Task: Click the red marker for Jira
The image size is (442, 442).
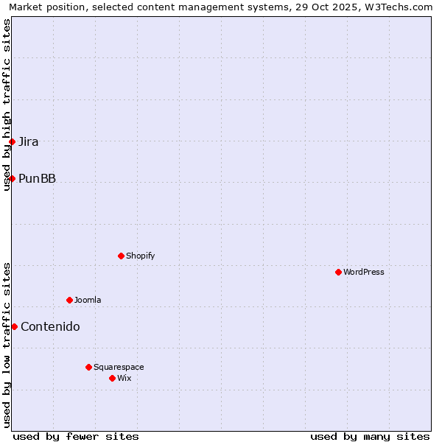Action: point(13,141)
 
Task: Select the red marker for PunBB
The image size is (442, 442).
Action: point(13,178)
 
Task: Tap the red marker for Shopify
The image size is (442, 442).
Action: point(121,256)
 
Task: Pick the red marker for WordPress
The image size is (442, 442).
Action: point(338,272)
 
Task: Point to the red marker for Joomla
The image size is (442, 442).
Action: point(69,300)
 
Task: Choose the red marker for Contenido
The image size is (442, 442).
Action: point(14,326)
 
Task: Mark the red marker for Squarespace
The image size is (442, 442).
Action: point(88,367)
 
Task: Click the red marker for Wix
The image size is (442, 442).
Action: point(112,378)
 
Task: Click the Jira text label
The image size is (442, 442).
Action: point(29,141)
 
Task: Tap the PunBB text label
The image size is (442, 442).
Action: point(37,178)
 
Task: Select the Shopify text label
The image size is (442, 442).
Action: point(140,256)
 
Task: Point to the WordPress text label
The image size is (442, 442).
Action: point(364,272)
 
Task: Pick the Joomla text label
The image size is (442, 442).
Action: point(88,300)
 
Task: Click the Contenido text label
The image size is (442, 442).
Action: point(50,326)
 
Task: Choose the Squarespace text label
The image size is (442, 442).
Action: point(119,367)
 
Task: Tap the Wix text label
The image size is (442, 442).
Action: point(124,378)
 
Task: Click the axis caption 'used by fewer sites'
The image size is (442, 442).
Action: point(76,436)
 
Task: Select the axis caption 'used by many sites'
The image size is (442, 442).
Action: point(370,436)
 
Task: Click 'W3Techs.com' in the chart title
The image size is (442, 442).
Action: point(401,7)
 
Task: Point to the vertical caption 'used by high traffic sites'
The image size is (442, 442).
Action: point(7,105)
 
